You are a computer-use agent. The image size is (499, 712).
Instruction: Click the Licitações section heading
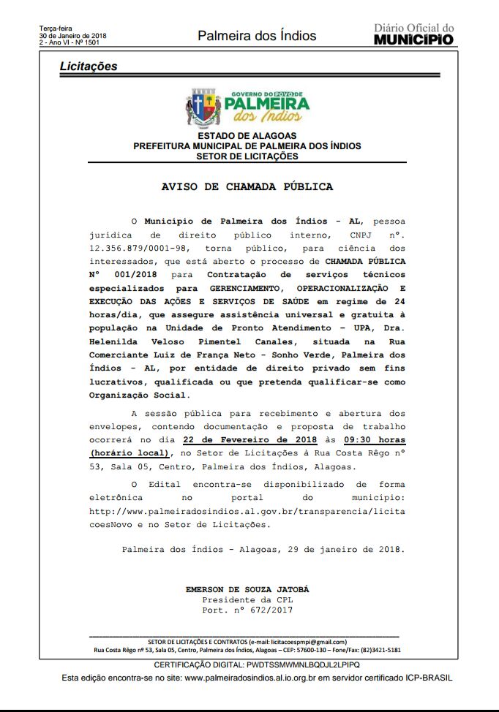pos(89,67)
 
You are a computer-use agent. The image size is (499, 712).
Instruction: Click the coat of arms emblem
pos(203,107)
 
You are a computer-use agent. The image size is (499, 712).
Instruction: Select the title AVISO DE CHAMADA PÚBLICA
pos(247,187)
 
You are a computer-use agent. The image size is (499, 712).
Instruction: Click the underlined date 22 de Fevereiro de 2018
pos(250,440)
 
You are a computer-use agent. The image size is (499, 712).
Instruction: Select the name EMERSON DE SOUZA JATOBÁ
pos(247,589)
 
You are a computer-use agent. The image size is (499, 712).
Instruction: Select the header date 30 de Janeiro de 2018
pos(72,36)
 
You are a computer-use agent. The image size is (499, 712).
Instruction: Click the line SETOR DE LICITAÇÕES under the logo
pos(247,156)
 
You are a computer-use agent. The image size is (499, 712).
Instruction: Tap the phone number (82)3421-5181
pos(378,650)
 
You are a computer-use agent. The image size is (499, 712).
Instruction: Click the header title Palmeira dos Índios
pos(257,36)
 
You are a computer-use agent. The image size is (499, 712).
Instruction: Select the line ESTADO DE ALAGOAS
pos(247,136)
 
